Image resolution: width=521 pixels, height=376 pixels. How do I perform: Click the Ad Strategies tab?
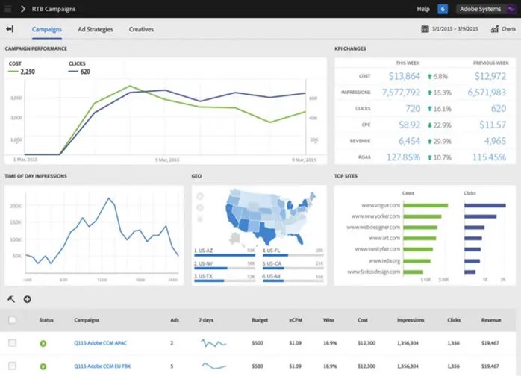click(x=95, y=29)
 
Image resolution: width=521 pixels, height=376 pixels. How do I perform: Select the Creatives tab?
click(x=141, y=29)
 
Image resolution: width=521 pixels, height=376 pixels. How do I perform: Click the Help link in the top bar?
click(x=423, y=9)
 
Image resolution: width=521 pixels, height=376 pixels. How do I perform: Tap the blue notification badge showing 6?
click(x=443, y=9)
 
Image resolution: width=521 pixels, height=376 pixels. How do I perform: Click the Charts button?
click(x=504, y=29)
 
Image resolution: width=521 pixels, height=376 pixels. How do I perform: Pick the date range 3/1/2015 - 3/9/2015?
click(x=450, y=29)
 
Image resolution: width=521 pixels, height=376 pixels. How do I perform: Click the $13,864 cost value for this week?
click(x=405, y=76)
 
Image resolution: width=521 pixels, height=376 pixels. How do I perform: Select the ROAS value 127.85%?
click(x=404, y=157)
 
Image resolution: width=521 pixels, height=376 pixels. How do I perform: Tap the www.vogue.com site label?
click(x=381, y=205)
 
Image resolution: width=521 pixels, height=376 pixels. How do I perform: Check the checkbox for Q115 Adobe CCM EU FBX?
click(x=12, y=366)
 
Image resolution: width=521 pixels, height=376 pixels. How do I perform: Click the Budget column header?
click(x=260, y=320)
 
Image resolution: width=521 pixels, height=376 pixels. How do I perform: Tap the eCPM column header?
click(x=296, y=320)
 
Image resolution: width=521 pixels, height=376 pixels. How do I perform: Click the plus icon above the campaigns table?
click(x=28, y=299)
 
